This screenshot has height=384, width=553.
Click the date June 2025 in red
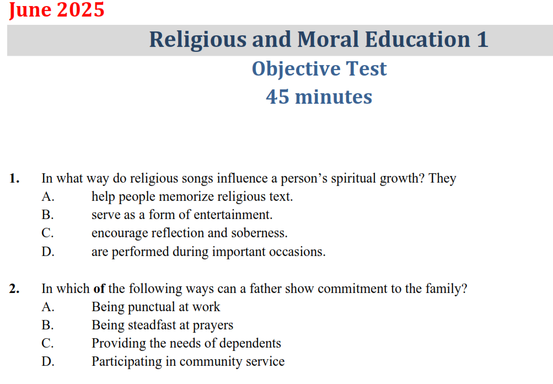click(x=56, y=10)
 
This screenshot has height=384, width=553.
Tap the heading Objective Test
click(x=319, y=69)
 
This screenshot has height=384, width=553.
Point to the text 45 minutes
click(x=319, y=97)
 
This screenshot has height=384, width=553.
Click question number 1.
click(x=14, y=179)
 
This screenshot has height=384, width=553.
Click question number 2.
click(x=14, y=289)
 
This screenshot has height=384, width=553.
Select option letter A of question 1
click(x=47, y=197)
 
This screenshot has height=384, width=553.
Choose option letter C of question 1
click(x=47, y=233)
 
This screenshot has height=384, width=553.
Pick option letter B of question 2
click(x=47, y=326)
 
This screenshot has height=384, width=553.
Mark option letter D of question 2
click(x=47, y=362)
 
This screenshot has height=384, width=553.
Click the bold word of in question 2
click(x=99, y=289)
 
